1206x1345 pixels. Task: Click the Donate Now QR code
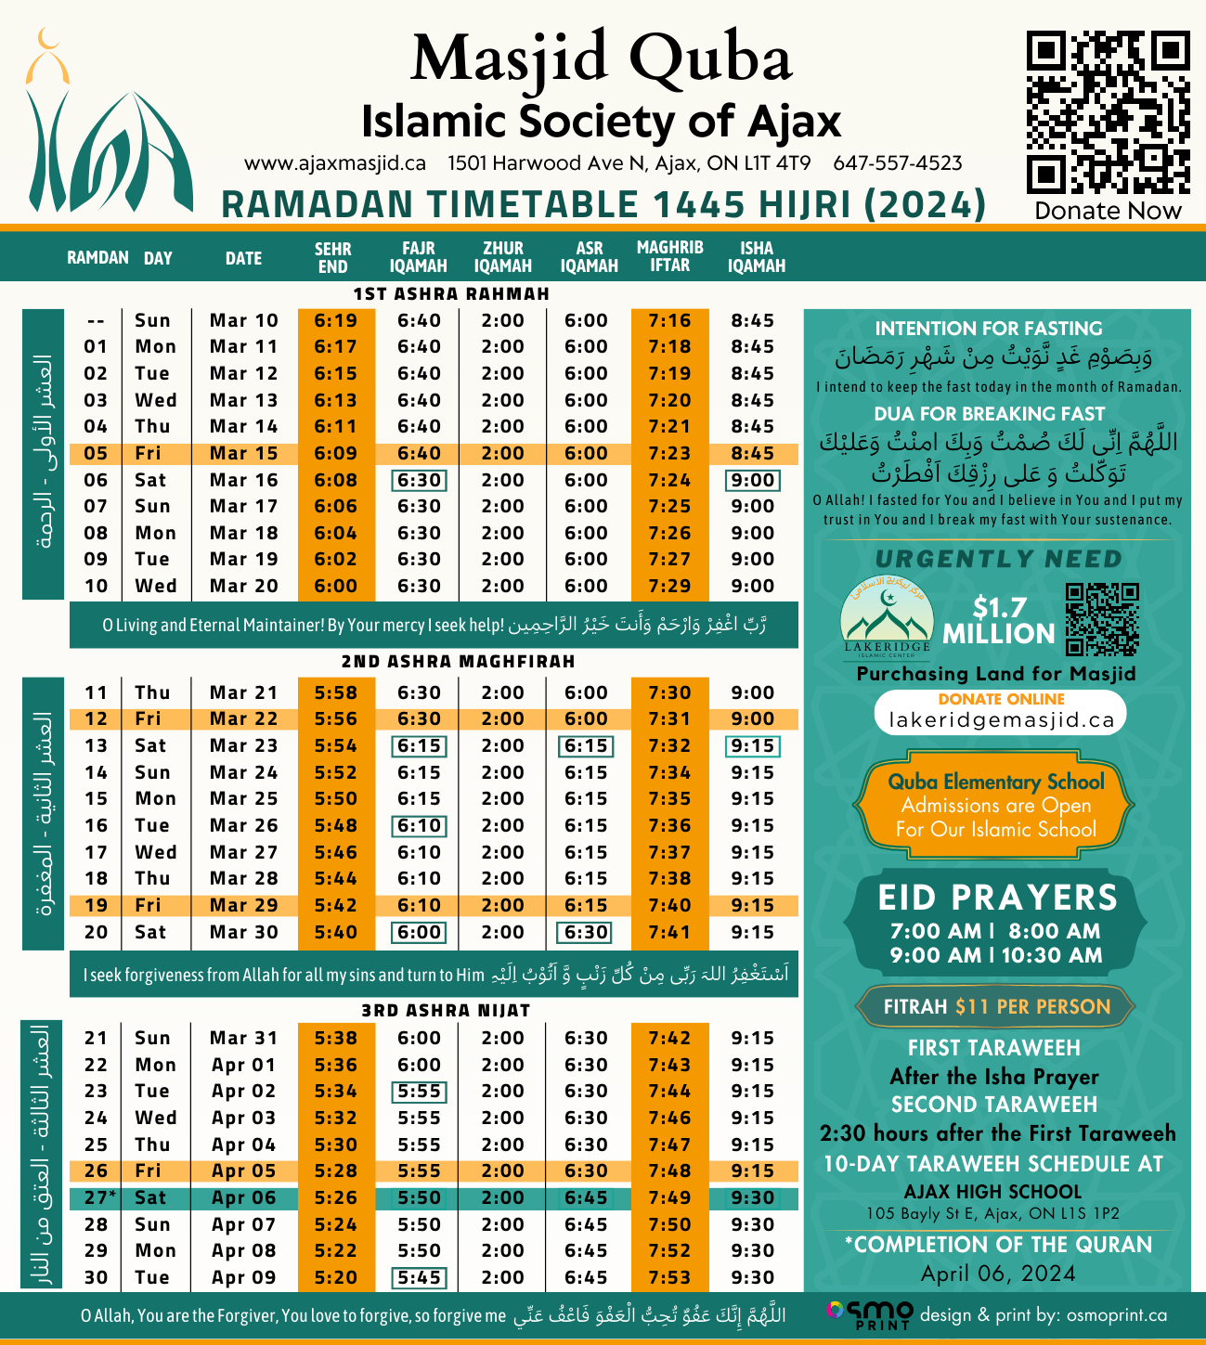point(1108,112)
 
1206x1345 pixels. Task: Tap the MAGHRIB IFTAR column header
point(669,256)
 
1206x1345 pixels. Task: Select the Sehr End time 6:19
point(335,320)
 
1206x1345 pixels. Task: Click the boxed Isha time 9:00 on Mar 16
point(752,480)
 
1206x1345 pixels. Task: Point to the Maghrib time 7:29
point(669,586)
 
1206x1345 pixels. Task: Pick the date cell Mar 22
point(243,718)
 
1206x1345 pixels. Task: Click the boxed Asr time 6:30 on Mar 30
point(586,932)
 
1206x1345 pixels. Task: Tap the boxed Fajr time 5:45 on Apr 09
point(419,1277)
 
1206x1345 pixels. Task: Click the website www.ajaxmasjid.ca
point(335,163)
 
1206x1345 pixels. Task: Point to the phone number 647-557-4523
point(897,163)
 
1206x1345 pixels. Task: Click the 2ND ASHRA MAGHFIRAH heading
point(458,661)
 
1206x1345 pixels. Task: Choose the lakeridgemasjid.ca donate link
point(1000,719)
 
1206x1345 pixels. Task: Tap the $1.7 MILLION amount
point(999,620)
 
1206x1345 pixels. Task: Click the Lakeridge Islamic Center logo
point(887,617)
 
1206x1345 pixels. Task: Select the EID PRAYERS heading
point(998,898)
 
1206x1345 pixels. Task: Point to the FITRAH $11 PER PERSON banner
point(996,1006)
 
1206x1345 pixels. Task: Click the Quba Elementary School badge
point(996,805)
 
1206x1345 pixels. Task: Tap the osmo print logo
point(868,1314)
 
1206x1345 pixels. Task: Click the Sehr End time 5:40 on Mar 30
point(335,932)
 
